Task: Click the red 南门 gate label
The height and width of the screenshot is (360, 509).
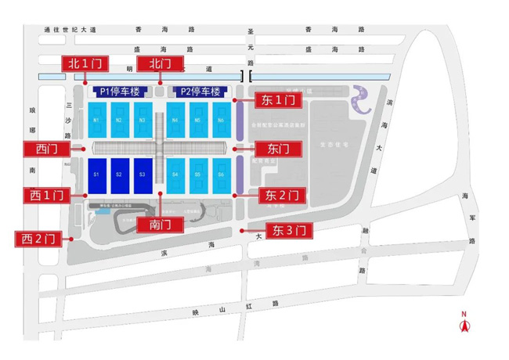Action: [160, 225]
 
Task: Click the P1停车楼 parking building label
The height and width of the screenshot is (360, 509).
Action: [121, 92]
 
